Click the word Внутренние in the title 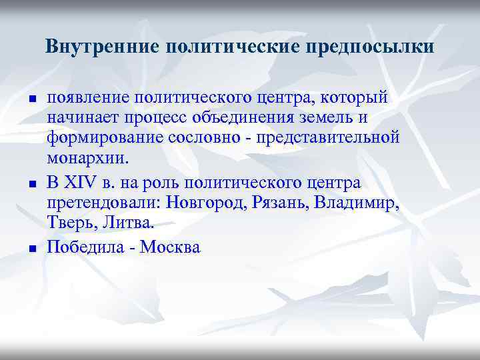[101, 47]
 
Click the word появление [86, 98]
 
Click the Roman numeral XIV [86, 182]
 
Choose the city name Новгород [209, 203]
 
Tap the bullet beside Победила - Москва [31, 248]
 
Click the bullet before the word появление [31, 99]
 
